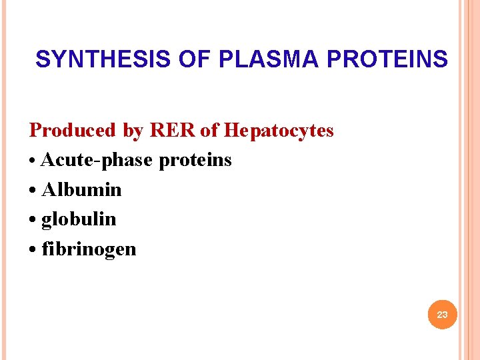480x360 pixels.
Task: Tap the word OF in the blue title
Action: tap(193, 59)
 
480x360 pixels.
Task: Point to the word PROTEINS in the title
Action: tap(387, 59)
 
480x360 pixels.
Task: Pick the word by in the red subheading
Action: tap(133, 131)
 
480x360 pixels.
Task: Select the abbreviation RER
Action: tap(173, 130)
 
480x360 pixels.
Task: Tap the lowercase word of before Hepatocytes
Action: tap(209, 130)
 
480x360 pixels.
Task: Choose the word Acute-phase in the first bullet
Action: tap(97, 160)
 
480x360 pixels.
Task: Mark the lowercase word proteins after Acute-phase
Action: tap(195, 161)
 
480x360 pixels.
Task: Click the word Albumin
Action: tap(81, 189)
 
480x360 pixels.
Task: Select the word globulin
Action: tap(79, 219)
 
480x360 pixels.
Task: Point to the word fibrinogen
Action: tap(89, 249)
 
